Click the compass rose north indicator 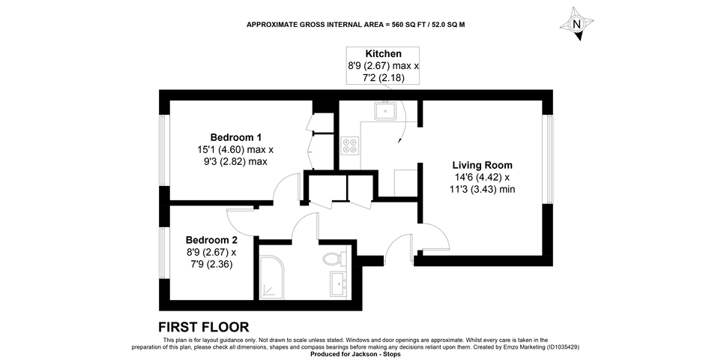[576, 24]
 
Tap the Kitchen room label [383, 54]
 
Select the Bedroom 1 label [235, 137]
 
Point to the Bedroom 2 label [211, 240]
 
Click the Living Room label [482, 165]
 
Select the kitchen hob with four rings [350, 145]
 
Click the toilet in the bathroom [334, 259]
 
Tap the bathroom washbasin [338, 284]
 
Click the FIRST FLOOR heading [203, 327]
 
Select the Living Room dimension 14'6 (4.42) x [482, 177]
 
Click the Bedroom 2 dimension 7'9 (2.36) [211, 264]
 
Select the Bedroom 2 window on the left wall [164, 253]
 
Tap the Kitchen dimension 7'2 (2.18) [383, 78]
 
